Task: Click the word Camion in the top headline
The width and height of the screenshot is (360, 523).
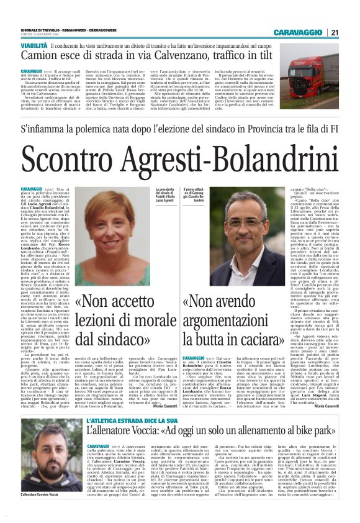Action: [x=38, y=58]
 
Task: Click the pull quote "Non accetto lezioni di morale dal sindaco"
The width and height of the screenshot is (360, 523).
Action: [x=118, y=321]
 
